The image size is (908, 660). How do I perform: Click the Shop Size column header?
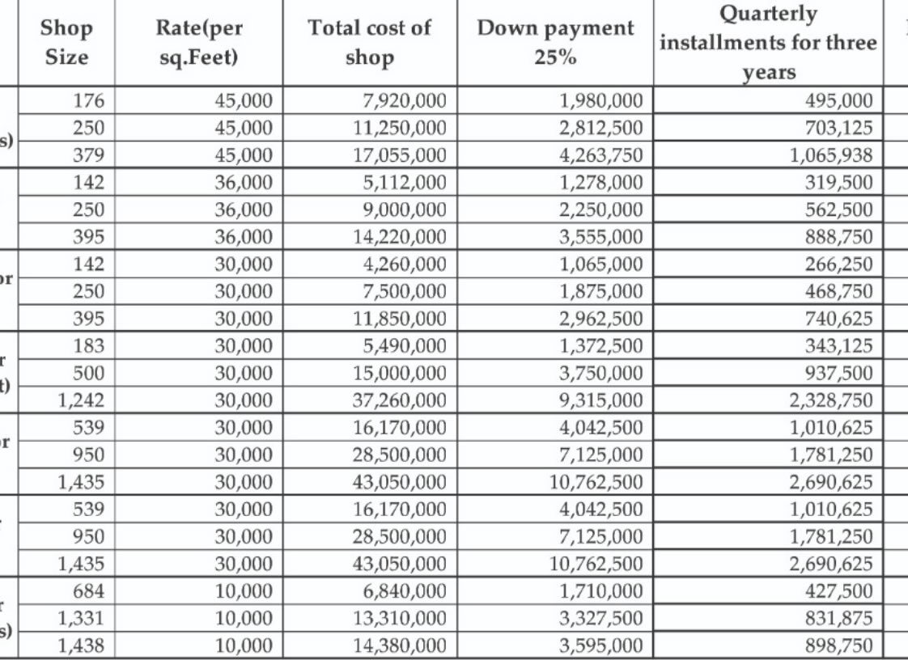point(66,43)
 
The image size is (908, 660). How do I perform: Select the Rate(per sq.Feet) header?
point(198,43)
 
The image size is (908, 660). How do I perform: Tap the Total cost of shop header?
point(369,43)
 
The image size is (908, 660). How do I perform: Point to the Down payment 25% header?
point(555,43)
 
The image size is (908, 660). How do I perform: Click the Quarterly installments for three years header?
point(768,43)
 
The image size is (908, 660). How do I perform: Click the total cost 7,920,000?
point(401,101)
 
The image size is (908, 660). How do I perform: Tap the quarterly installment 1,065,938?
point(831,154)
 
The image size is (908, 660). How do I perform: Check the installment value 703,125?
point(838,128)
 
